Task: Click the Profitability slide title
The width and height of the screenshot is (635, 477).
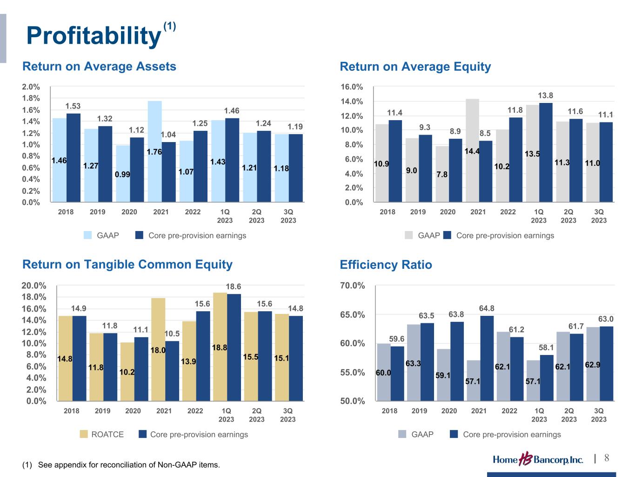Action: (93, 35)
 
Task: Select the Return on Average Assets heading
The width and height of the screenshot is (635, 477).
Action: (99, 67)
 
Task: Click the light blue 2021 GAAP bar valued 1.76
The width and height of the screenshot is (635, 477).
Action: (154, 151)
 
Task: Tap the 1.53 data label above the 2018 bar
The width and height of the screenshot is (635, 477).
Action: (73, 107)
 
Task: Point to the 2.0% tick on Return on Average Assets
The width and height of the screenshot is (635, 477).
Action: (31, 87)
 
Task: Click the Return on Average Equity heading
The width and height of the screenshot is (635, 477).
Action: (415, 67)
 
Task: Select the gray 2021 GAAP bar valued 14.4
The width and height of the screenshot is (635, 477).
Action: (472, 150)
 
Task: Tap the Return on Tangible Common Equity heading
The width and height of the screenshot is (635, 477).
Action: (127, 265)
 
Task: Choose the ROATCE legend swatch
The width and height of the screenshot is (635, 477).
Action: (84, 434)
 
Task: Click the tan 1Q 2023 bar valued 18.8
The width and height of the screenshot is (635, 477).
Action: (220, 347)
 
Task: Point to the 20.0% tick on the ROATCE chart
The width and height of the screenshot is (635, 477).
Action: (34, 286)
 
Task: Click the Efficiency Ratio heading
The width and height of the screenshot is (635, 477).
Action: (386, 265)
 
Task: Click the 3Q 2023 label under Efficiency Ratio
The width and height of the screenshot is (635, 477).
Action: (599, 415)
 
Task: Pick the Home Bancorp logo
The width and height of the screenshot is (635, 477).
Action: (538, 460)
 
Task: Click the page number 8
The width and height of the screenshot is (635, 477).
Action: (607, 458)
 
